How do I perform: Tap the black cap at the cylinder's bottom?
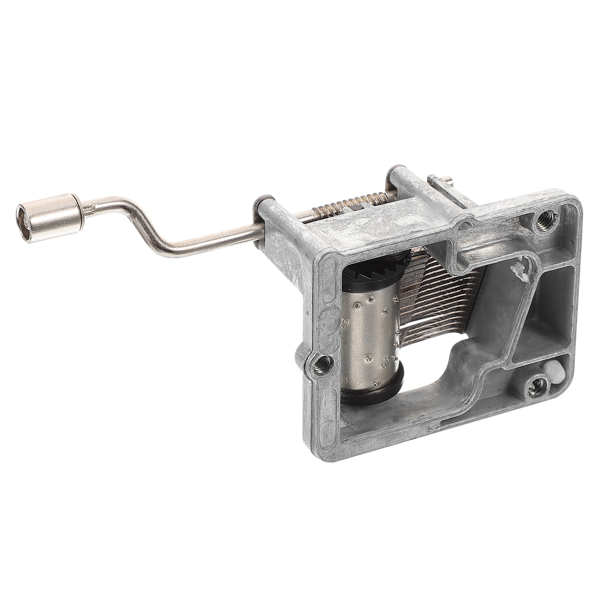374,396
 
